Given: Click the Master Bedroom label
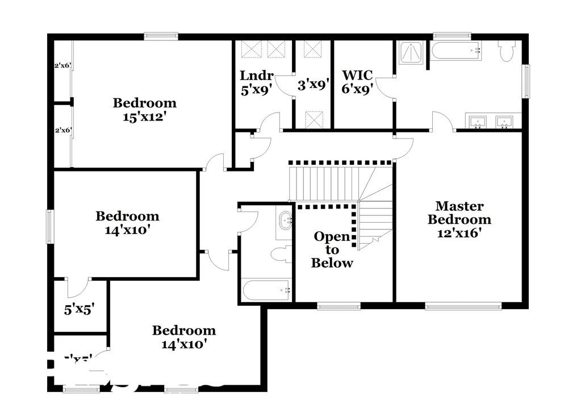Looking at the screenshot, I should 460,219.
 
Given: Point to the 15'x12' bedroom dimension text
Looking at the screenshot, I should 144,116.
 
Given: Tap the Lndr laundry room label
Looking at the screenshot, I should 257,76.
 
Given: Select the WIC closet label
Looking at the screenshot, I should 357,76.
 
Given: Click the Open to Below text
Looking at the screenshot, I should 333,249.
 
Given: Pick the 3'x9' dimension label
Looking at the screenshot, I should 314,85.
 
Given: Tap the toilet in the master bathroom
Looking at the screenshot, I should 507,51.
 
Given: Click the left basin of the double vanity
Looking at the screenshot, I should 478,120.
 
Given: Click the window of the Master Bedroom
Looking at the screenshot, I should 451,307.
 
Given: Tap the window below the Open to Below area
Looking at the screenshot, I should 331,307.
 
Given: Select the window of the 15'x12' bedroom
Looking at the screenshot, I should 161,36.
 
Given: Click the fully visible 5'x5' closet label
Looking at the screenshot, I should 78,310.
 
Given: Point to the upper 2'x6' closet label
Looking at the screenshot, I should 62,66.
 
